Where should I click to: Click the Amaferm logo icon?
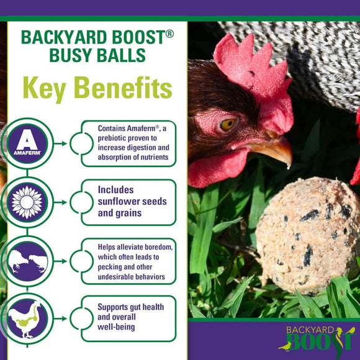(x=26, y=143)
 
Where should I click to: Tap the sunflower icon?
(x=26, y=202)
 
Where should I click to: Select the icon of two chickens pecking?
(x=26, y=262)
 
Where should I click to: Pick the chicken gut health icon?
(x=26, y=320)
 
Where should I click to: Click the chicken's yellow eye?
(x=227, y=124)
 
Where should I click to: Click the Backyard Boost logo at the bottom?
(x=317, y=338)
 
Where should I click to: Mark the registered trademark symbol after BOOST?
(x=168, y=33)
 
